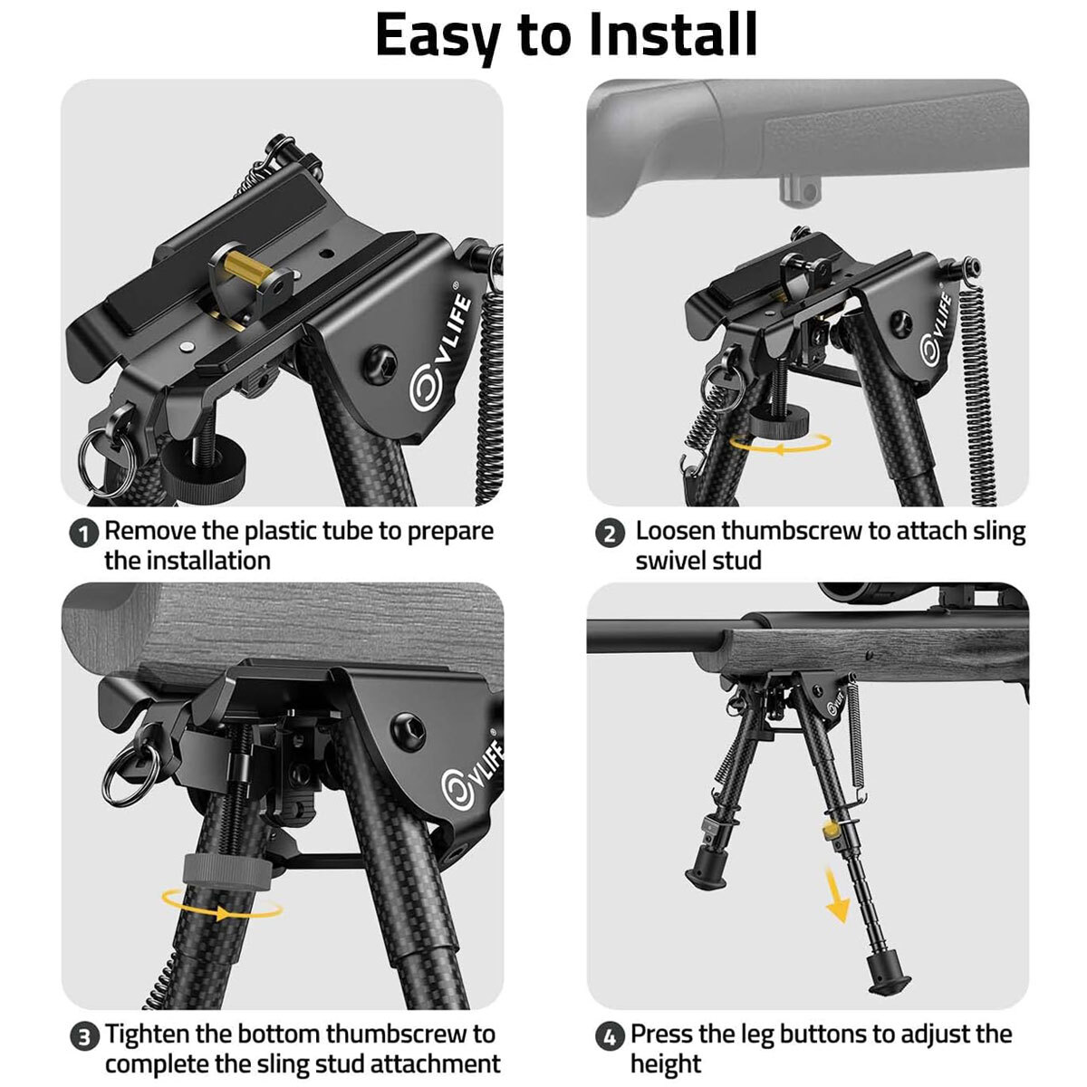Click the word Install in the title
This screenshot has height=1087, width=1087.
tap(672, 34)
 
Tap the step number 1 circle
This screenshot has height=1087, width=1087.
tap(84, 533)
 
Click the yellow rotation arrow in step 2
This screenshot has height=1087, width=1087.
tap(781, 443)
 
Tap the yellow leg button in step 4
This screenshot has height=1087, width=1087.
tap(829, 830)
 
